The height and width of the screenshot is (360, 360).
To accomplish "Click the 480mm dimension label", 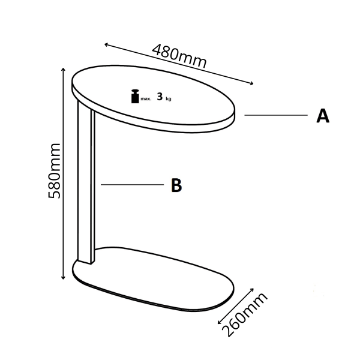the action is (x=179, y=56).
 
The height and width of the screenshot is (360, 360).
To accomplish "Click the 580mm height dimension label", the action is (x=54, y=171).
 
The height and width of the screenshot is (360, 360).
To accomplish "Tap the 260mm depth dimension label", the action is (x=245, y=314).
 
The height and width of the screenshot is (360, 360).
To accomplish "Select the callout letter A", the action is (x=323, y=116).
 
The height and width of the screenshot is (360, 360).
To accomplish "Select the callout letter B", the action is (x=176, y=185).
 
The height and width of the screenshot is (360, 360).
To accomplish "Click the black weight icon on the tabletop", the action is (x=135, y=96).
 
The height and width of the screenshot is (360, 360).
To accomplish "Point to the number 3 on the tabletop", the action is (x=160, y=97).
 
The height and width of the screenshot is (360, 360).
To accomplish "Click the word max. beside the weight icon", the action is (x=146, y=99).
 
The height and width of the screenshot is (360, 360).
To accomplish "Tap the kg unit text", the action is (x=169, y=99).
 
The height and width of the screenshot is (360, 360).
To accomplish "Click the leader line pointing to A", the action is (x=276, y=115).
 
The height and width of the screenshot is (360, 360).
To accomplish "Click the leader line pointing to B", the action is (x=132, y=184).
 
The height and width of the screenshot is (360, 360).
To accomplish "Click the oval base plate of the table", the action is (x=154, y=279).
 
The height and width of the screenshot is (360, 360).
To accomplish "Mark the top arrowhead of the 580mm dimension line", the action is (x=64, y=69).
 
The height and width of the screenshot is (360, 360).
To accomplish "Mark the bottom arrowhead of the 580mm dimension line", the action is (x=64, y=278).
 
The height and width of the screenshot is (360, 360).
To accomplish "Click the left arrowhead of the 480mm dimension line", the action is (x=106, y=44).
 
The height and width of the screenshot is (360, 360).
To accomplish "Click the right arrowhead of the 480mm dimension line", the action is (x=252, y=83).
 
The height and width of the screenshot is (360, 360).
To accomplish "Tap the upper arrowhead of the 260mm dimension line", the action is (x=253, y=289).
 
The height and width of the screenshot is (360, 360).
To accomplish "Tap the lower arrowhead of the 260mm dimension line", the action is (x=219, y=323).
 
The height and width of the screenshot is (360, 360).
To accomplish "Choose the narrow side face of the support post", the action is (x=93, y=187).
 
